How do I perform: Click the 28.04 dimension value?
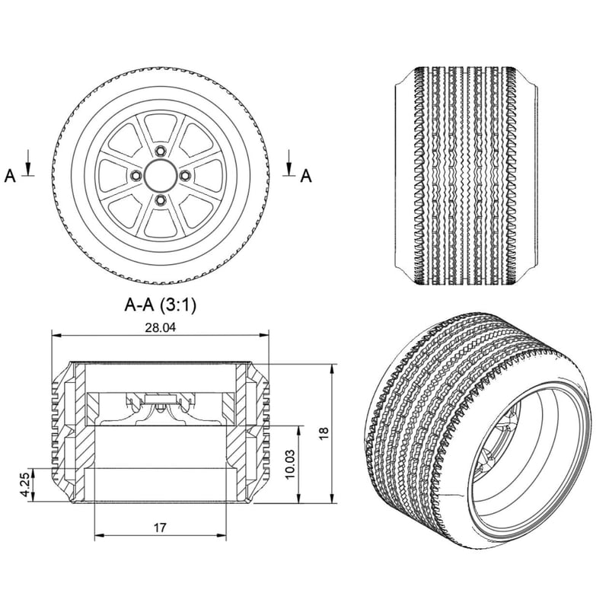pos(161,327)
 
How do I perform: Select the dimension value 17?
pos(160,528)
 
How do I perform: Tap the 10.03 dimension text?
pos(289,464)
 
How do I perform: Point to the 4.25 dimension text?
pos(24,484)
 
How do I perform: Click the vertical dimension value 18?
pos(324,432)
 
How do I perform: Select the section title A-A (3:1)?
pos(161,305)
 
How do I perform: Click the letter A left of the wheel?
pos(10,177)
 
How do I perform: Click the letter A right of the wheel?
pos(306,177)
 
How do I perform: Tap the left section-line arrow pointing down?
pos(28,162)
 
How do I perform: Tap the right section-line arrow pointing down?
pos(289,162)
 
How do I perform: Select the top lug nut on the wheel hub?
pos(160,151)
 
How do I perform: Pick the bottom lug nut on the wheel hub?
pos(160,200)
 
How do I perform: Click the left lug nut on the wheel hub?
pos(136,176)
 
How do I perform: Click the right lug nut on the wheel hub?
pos(184,176)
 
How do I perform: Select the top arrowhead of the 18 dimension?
pos(331,369)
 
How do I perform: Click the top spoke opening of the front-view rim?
pos(160,128)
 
